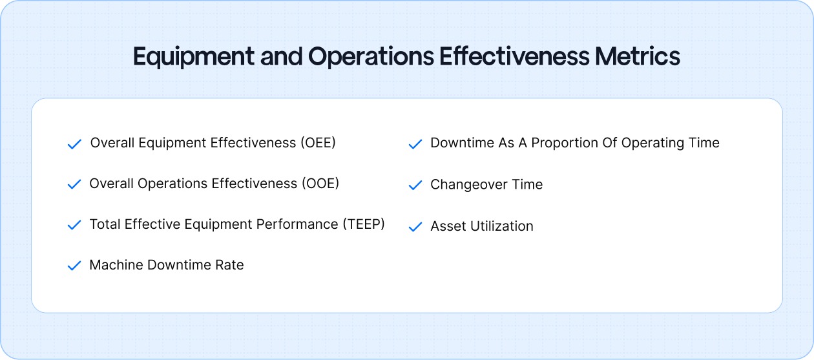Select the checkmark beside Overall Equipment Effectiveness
(74, 144)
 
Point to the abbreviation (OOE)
(320, 184)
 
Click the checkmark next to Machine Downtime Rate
(74, 266)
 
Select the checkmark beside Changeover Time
(415, 185)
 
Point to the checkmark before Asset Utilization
(415, 227)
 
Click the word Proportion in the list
(565, 143)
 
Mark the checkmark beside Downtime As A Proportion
(415, 144)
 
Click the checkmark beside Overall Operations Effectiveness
(74, 185)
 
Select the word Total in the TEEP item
(105, 224)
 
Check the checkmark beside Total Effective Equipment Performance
(74, 226)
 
